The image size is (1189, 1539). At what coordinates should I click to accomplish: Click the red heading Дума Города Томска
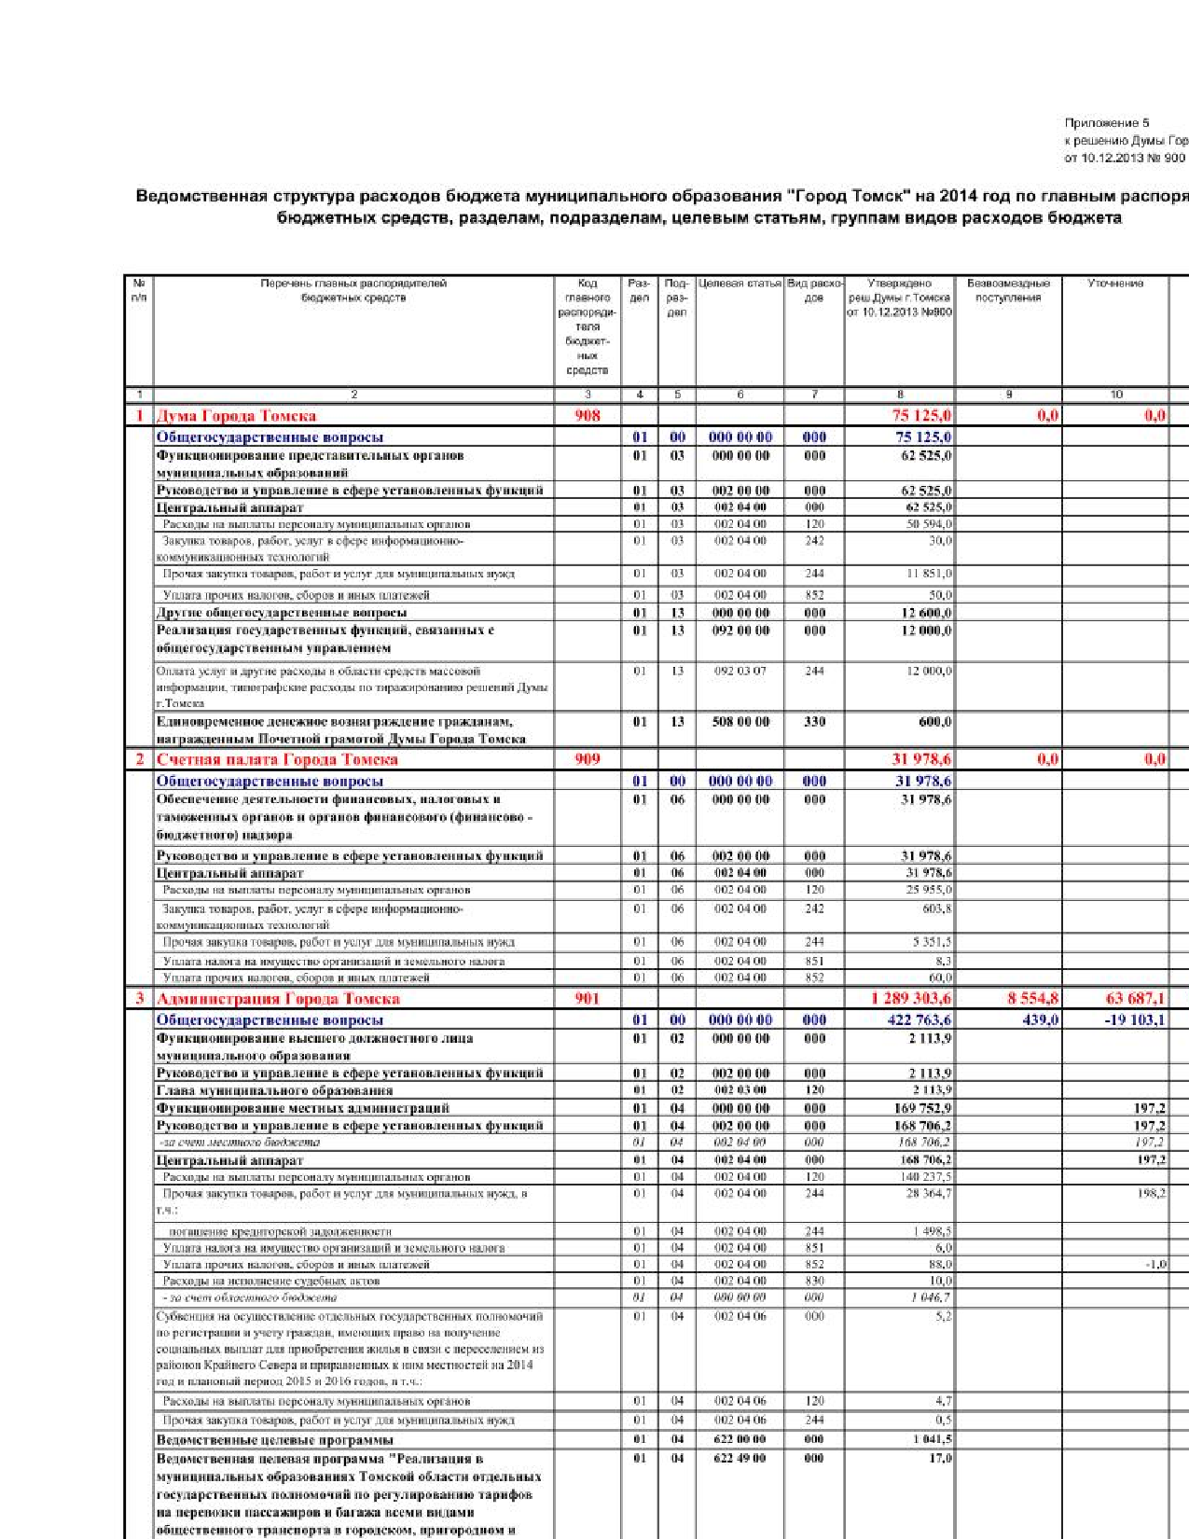(x=236, y=416)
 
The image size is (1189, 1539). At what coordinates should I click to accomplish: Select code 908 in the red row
(x=588, y=416)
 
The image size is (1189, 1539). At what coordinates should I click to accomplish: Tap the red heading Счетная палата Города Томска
(x=277, y=759)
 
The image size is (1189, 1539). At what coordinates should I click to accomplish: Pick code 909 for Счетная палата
(x=588, y=759)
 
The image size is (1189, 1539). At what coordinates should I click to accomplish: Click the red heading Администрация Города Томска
(x=278, y=999)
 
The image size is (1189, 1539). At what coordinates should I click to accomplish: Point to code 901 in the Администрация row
(x=588, y=999)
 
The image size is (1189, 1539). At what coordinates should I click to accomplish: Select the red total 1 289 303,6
(x=911, y=999)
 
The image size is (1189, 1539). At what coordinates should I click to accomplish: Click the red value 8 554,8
(x=1032, y=999)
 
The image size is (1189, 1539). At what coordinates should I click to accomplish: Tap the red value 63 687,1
(x=1135, y=999)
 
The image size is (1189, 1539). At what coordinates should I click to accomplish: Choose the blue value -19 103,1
(x=1134, y=1019)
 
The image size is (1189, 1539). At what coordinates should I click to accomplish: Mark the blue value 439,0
(x=1040, y=1019)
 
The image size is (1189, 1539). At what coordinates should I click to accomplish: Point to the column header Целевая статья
(x=740, y=284)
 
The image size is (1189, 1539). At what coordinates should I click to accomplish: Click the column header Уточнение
(x=1115, y=284)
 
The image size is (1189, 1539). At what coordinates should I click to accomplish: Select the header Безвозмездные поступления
(x=1008, y=290)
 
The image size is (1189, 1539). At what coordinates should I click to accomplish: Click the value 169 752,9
(x=923, y=1108)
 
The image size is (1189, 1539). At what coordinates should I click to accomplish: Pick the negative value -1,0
(x=1155, y=1265)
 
